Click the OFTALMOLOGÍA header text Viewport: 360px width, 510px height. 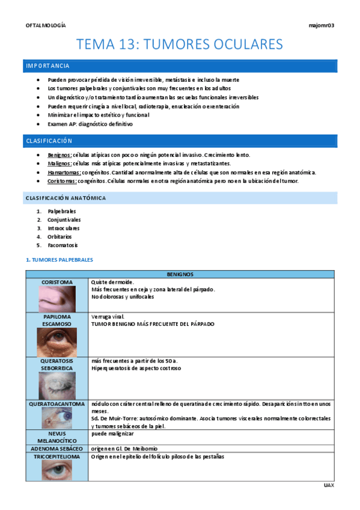pyautogui.click(x=46, y=25)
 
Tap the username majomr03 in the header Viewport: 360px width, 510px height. pyautogui.click(x=321, y=25)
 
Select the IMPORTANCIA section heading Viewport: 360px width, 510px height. pyautogui.click(x=47, y=66)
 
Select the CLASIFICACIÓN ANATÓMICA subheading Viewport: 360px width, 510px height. pyautogui.click(x=66, y=198)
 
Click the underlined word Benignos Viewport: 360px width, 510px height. pyautogui.click(x=59, y=155)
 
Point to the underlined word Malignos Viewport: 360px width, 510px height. pyautogui.click(x=59, y=164)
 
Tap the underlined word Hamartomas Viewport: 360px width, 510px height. pyautogui.click(x=63, y=173)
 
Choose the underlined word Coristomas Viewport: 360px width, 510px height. pyautogui.click(x=62, y=181)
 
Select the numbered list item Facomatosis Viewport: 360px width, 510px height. pyautogui.click(x=63, y=245)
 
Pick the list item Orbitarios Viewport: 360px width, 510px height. pyautogui.click(x=59, y=237)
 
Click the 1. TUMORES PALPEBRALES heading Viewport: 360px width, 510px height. pyautogui.click(x=59, y=260)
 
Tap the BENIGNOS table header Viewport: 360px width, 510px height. pyautogui.click(x=180, y=274)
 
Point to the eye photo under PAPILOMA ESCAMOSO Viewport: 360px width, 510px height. pyautogui.click(x=57, y=342)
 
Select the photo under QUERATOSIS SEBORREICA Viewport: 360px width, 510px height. pyautogui.click(x=57, y=386)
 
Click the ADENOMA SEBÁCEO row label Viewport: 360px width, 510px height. pyautogui.click(x=57, y=448)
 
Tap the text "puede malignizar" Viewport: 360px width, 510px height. pyautogui.click(x=112, y=433)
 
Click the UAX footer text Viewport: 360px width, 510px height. pyautogui.click(x=328, y=485)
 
